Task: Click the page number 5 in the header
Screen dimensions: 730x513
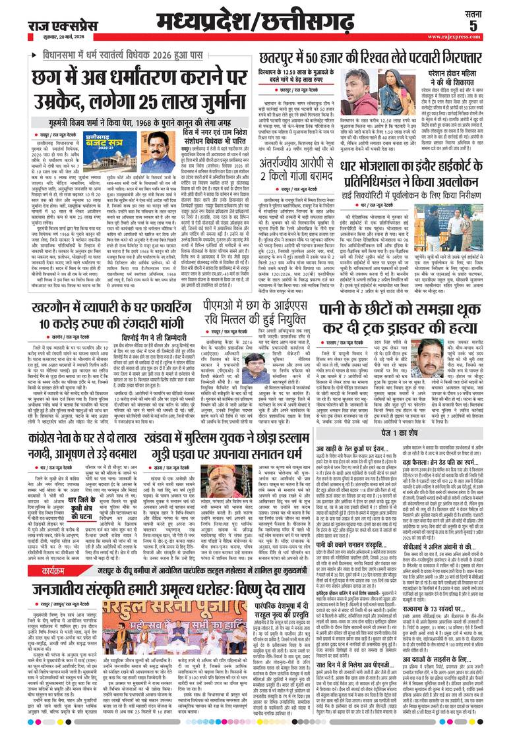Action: point(492,25)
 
